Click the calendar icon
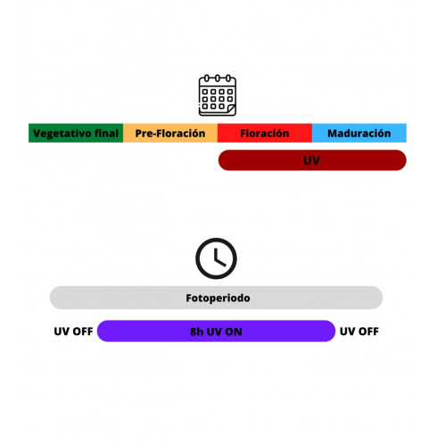(x=218, y=95)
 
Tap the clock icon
(x=216, y=258)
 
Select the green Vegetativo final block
(x=76, y=133)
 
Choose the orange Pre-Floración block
(x=170, y=133)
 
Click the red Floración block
(x=265, y=133)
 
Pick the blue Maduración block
(x=359, y=133)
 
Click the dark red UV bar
(x=312, y=160)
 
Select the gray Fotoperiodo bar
(x=216, y=298)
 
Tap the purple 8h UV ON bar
(x=216, y=331)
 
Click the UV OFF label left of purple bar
(x=73, y=331)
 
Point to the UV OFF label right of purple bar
(x=359, y=331)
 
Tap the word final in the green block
(x=106, y=133)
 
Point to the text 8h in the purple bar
(x=196, y=331)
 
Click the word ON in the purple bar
(x=234, y=331)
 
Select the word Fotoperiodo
(x=218, y=298)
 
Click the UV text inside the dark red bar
(x=311, y=160)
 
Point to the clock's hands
(x=219, y=258)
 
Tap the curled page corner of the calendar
(x=231, y=110)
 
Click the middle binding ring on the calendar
(x=218, y=78)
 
